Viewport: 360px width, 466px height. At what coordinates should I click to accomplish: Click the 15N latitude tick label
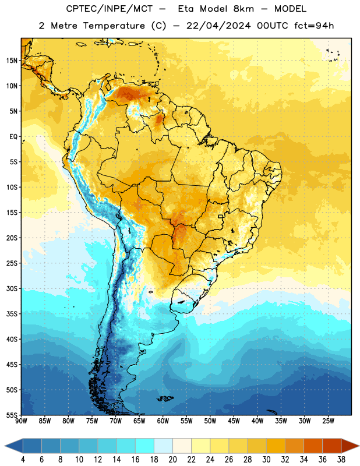[12, 61]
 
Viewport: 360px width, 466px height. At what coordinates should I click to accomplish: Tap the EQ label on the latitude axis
[13, 137]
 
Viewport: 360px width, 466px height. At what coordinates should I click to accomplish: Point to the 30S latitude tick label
[12, 288]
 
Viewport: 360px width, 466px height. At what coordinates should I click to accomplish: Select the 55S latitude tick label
[12, 415]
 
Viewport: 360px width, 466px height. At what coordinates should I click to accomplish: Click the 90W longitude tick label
[21, 421]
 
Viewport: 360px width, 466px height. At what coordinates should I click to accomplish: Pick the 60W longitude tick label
[163, 421]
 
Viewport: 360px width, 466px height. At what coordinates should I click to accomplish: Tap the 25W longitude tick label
[328, 421]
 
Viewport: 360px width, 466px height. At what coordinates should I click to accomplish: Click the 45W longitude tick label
[234, 421]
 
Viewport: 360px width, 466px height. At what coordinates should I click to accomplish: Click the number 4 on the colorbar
[23, 460]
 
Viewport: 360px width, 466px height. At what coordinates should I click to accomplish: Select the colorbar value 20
[172, 460]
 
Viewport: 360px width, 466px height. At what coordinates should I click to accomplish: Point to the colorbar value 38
[341, 460]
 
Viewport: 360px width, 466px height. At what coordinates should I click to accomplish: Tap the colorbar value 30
[266, 460]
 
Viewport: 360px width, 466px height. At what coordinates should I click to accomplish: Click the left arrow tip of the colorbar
[5, 446]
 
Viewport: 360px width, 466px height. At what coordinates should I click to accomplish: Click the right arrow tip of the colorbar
[359, 446]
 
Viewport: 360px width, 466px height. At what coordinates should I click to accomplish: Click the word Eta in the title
[185, 9]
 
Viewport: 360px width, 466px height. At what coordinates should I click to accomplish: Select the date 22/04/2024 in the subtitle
[218, 26]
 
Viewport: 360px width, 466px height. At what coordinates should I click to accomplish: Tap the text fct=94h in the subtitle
[314, 26]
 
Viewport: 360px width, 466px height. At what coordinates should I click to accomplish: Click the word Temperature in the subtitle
[114, 26]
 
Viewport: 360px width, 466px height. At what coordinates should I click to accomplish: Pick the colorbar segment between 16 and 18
[144, 446]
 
